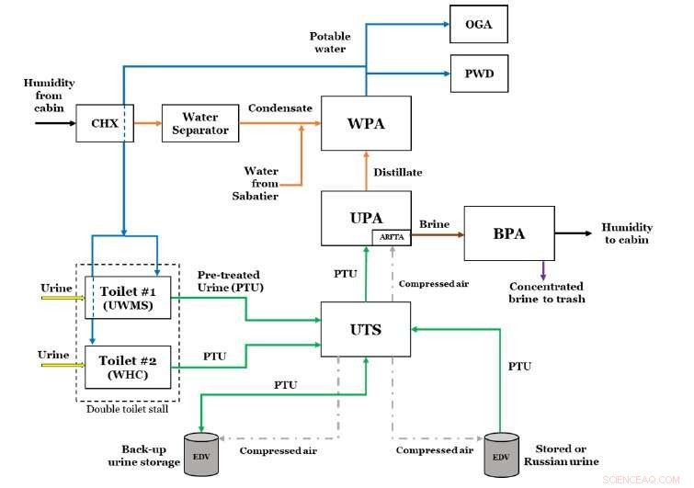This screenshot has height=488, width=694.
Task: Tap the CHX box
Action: (x=105, y=123)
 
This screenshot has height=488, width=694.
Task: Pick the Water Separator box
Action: (x=200, y=123)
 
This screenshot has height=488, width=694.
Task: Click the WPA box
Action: (x=366, y=123)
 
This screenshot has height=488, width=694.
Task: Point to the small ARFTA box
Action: (x=390, y=237)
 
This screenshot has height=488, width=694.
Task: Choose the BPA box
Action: (x=508, y=233)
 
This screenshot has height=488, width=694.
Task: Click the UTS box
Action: (x=366, y=328)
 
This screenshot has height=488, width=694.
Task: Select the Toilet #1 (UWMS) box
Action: (x=129, y=297)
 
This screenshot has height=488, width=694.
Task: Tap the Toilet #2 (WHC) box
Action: (x=129, y=365)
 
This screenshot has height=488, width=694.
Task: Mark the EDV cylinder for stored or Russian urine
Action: (x=503, y=454)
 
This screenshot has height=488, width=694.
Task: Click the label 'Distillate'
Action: (x=399, y=172)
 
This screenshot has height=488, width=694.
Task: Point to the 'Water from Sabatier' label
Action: (x=261, y=183)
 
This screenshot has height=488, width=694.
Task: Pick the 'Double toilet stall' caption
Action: (x=128, y=410)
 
